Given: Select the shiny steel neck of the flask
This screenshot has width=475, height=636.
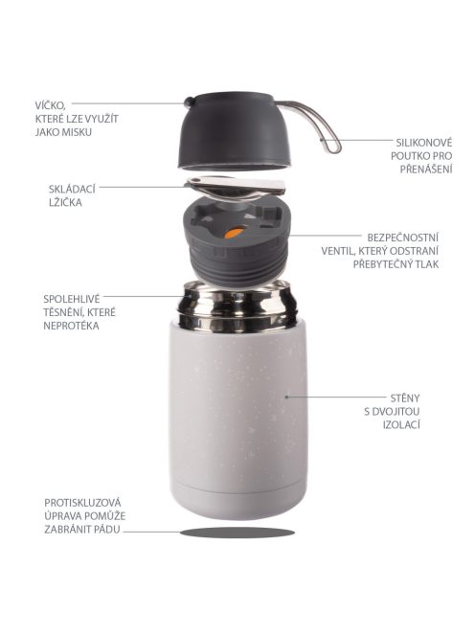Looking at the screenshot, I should click(234, 306).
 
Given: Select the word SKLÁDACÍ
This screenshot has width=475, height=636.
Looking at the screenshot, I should click(71, 189).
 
